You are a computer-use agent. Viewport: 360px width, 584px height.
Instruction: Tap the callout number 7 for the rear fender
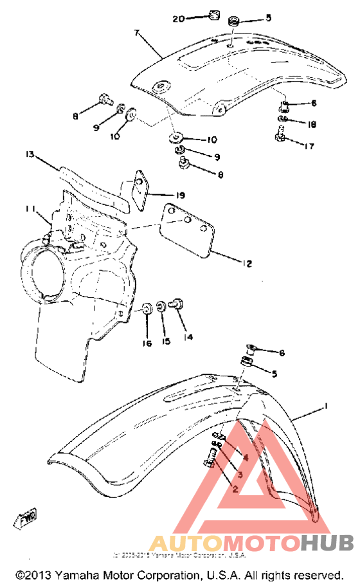[x=136, y=32]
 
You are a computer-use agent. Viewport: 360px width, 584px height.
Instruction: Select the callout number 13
[x=29, y=154]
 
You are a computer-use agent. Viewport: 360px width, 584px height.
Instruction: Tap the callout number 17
[x=310, y=147]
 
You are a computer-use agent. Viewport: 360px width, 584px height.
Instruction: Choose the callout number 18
[x=312, y=125]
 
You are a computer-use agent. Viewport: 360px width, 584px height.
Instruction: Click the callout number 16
[x=147, y=343]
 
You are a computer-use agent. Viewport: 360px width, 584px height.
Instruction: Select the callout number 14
[x=189, y=336]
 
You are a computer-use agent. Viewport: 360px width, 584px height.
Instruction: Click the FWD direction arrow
[x=25, y=516]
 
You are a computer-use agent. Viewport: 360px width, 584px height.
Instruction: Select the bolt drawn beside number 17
[x=280, y=136]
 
